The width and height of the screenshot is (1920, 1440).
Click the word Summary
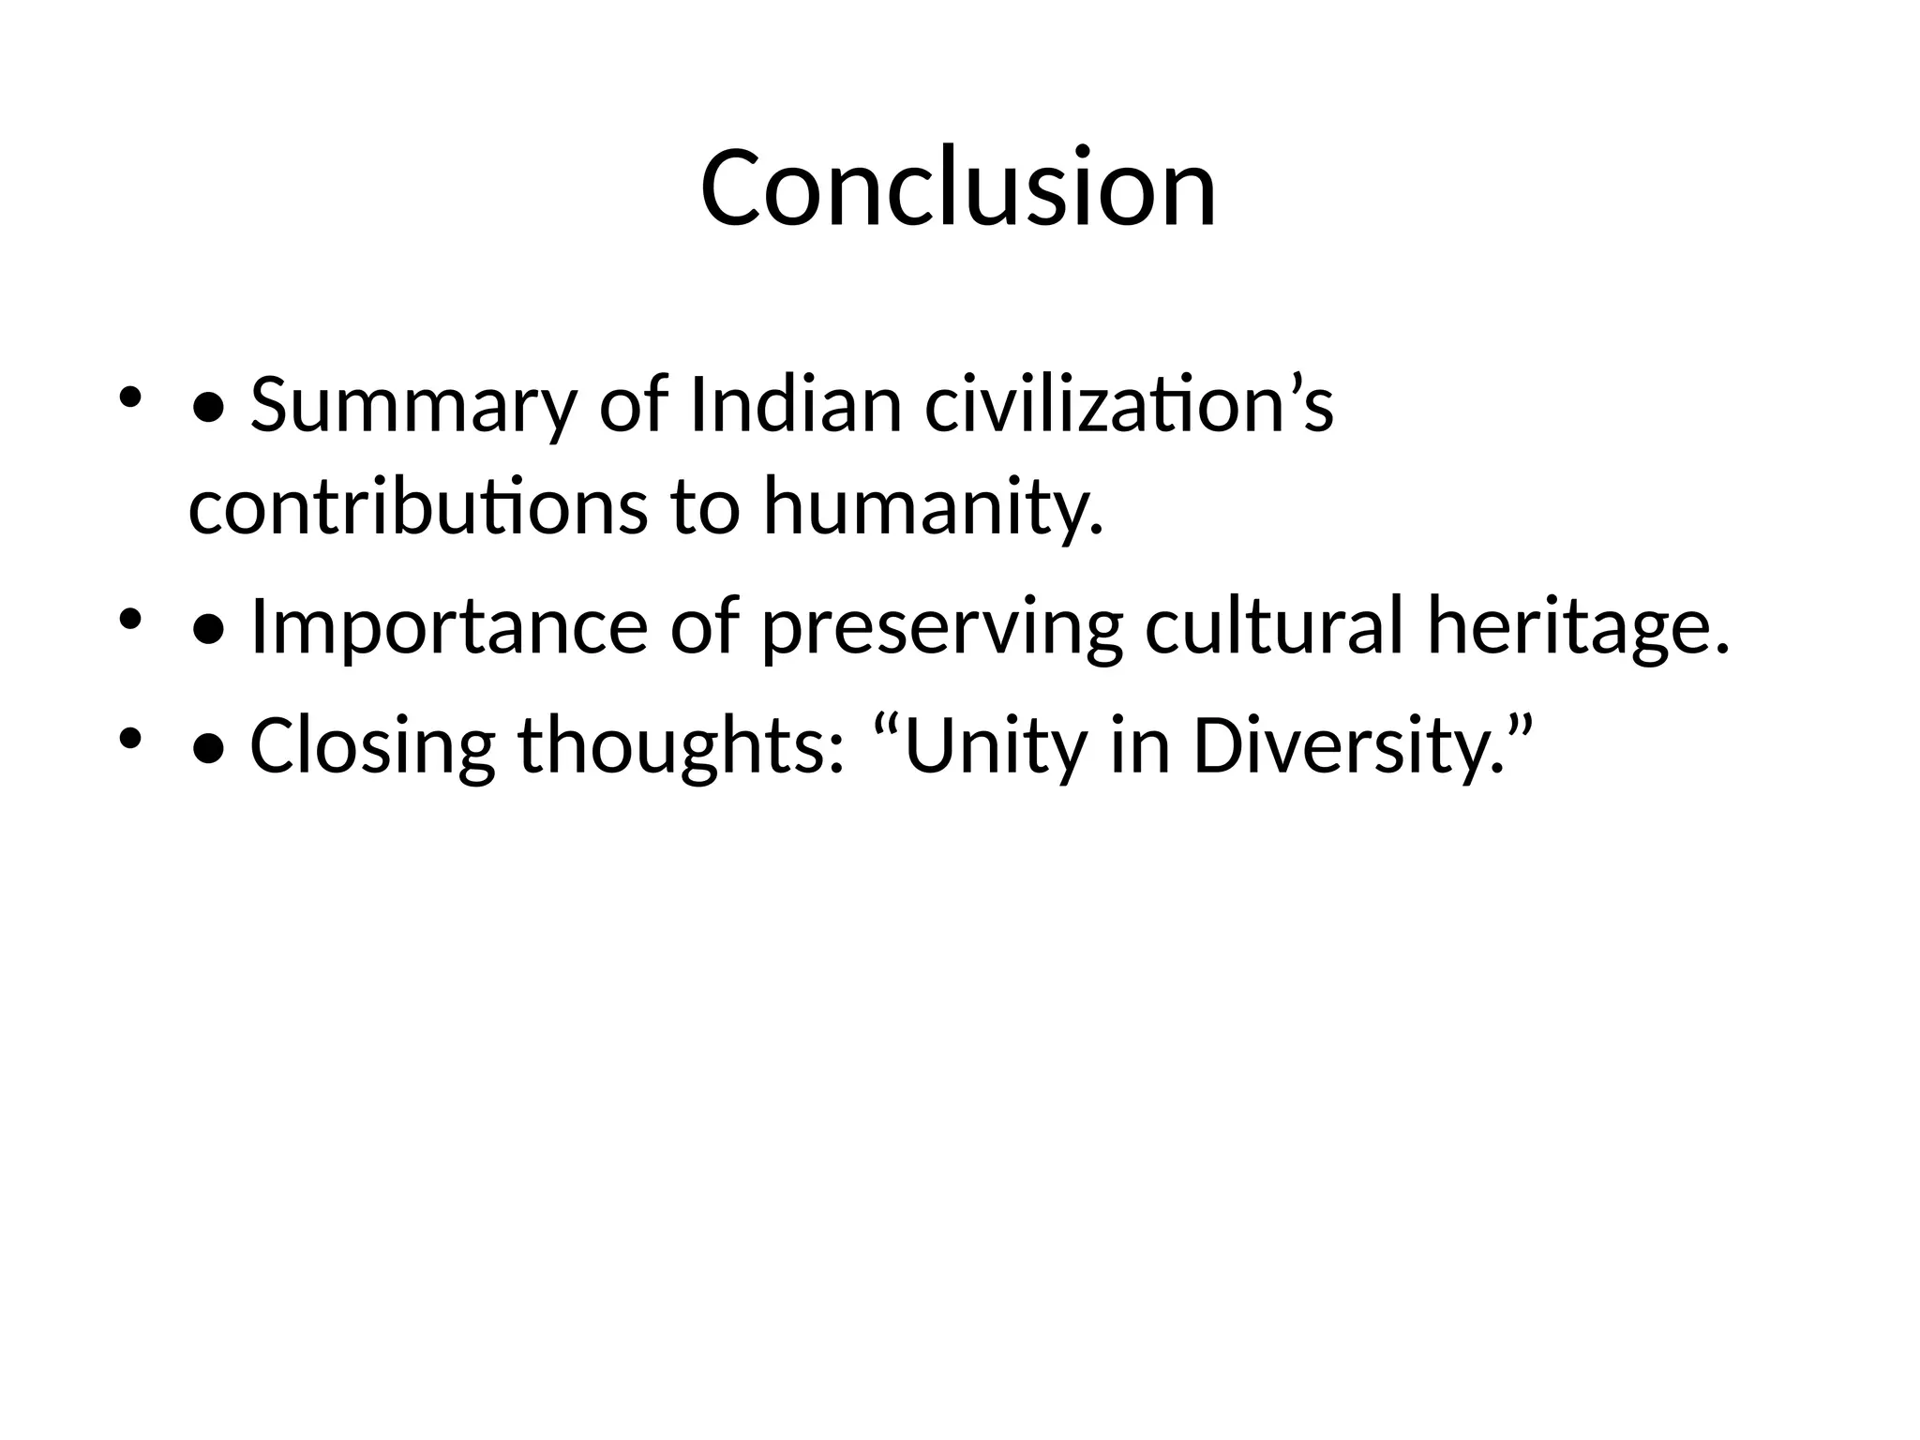[412, 406]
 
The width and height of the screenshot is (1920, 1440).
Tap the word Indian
[795, 406]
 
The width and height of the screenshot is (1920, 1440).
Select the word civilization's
[1129, 406]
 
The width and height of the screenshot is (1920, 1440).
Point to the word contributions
[418, 506]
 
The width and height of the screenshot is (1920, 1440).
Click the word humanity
[933, 506]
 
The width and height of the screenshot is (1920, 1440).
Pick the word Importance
[449, 626]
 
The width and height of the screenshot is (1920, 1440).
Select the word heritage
[1578, 626]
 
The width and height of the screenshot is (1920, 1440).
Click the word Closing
[372, 745]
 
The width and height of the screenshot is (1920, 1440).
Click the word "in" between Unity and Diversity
[1139, 745]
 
